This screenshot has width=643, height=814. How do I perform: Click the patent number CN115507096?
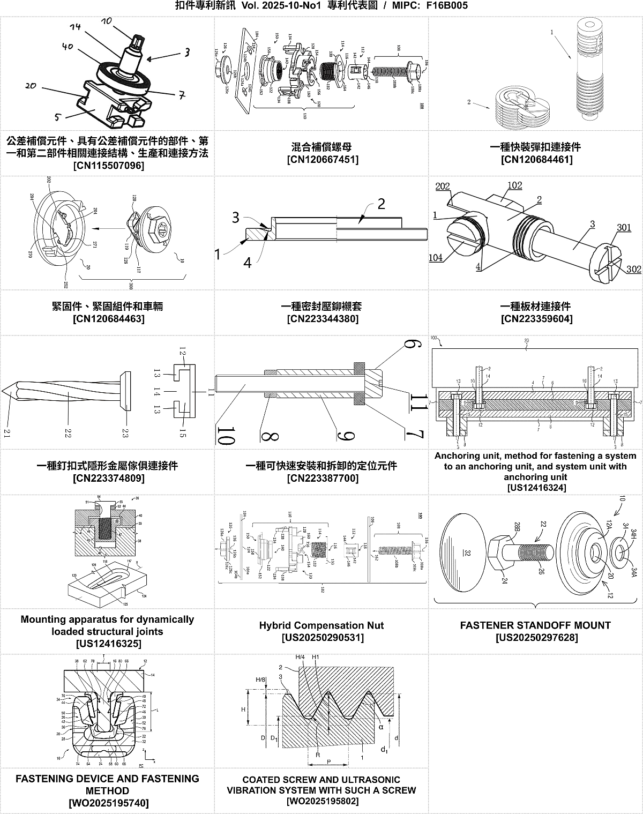tap(108, 166)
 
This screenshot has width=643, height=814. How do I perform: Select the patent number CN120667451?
tap(323, 159)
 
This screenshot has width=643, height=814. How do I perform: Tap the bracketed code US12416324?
tap(536, 487)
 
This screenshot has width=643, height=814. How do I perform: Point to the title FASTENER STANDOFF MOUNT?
tap(535, 625)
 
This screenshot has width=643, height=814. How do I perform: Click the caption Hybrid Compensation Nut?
tap(322, 625)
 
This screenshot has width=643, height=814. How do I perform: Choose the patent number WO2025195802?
tap(323, 801)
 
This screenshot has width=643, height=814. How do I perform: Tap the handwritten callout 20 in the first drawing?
tap(31, 85)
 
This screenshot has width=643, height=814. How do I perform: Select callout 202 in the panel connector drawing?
tap(443, 186)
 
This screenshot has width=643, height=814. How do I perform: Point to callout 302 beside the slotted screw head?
tap(633, 269)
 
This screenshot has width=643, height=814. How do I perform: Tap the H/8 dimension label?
tap(260, 679)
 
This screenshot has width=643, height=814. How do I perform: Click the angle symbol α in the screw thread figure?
tap(381, 727)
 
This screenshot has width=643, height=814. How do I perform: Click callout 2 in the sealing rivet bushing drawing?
tap(381, 204)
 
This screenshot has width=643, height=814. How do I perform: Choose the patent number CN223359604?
tap(536, 319)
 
